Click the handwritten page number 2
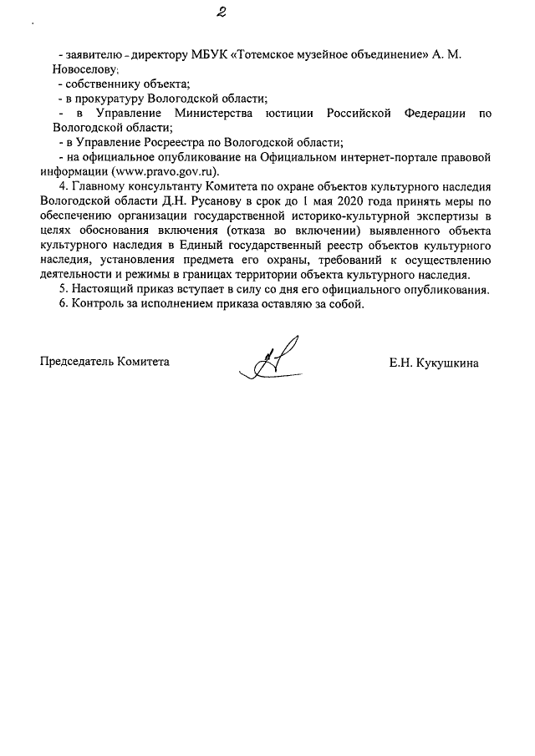pyautogui.click(x=219, y=12)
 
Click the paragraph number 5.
pyautogui.click(x=61, y=291)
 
